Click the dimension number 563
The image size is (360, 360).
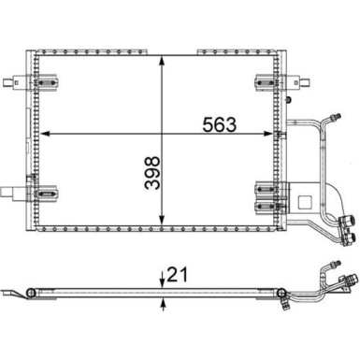[x=220, y=124]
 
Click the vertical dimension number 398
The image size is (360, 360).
[x=152, y=173]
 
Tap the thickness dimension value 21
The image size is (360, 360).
[x=178, y=275]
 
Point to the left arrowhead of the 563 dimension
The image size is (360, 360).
[x=45, y=134]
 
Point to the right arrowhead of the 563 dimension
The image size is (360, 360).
[x=267, y=134]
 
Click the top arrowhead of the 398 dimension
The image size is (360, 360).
[x=162, y=61]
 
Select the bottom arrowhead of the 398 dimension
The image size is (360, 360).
[x=162, y=220]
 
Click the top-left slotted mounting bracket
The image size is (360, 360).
[x=47, y=82]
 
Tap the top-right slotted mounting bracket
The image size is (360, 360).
[x=266, y=82]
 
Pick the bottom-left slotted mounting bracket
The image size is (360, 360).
[x=47, y=194]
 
